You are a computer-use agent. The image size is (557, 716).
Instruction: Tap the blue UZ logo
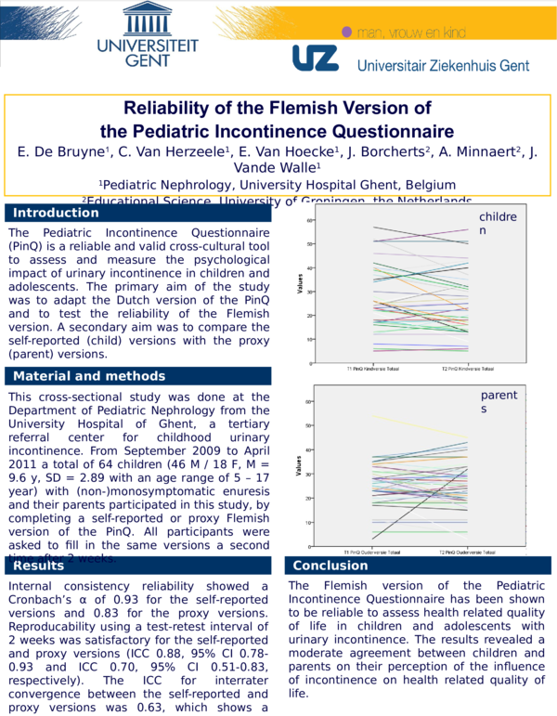point(316,59)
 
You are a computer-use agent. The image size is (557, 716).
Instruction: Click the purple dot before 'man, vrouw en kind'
point(347,32)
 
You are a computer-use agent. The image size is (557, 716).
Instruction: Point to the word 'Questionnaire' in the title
point(380,131)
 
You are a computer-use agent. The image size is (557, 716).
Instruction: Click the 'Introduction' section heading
point(56,213)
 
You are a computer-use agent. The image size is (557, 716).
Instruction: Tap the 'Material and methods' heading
point(89,376)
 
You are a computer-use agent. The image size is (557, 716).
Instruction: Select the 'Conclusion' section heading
point(330,566)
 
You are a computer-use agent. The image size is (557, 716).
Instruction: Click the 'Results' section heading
point(38,566)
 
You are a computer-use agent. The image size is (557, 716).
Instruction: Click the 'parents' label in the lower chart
point(499,402)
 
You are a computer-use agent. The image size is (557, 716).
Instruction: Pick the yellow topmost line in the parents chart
point(418,426)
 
